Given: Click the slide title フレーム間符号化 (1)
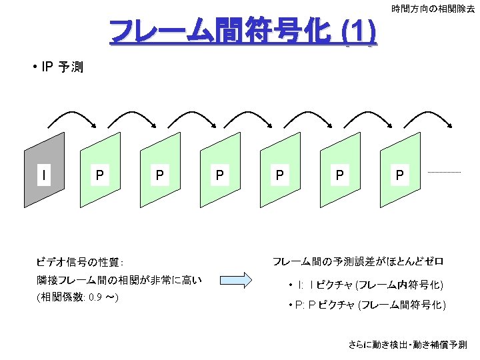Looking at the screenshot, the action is point(243,31).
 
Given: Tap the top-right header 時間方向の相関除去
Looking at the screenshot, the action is point(433,9).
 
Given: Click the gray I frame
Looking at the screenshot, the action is point(45,170).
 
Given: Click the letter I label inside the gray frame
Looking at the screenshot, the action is point(44,175).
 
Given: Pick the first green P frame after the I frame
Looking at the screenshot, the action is point(100,170).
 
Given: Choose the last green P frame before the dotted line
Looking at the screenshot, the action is point(400,170).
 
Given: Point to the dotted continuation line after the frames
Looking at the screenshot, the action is point(444,173).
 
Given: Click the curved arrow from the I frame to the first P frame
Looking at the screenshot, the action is point(72,113).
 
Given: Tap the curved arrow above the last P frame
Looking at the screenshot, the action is point(427,113).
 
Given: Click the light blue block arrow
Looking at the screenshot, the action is point(236,280).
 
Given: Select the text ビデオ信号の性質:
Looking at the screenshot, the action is point(80,262).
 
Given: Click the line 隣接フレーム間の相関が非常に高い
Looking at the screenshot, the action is point(119,280).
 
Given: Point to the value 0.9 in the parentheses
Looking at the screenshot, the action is point(95,297).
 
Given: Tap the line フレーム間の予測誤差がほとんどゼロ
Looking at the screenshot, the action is point(358,262).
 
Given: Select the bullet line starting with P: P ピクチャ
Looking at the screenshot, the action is point(367,305).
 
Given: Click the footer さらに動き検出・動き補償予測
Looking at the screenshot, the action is point(408,345).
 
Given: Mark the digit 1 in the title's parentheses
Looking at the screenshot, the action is point(359,31).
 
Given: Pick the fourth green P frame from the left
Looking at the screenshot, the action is point(280,170).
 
